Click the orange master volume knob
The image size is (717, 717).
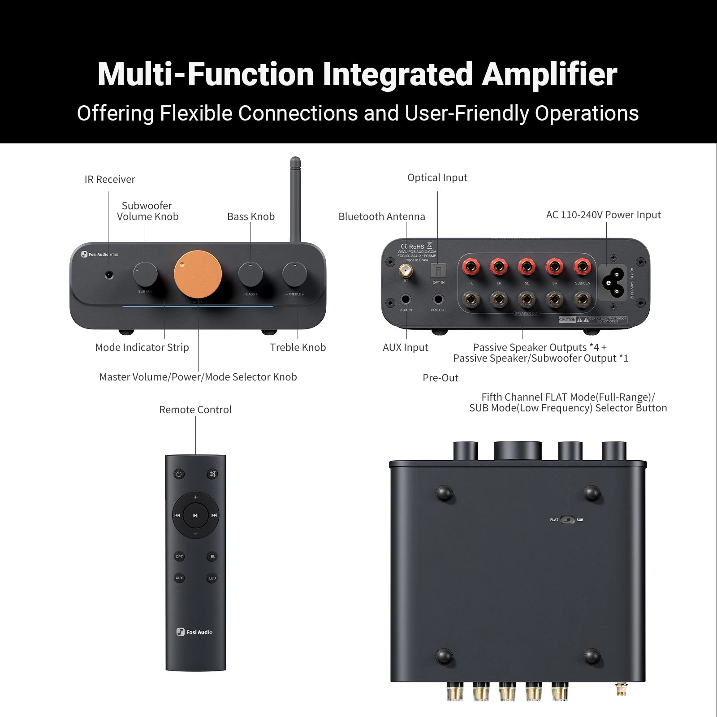[198, 274]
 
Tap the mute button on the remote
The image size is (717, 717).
[212, 474]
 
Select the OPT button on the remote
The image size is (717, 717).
[179, 557]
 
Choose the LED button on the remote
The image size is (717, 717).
[212, 578]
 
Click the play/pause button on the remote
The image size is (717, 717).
[196, 515]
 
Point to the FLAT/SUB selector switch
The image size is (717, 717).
[567, 520]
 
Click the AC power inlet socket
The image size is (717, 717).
[613, 282]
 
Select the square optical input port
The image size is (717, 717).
[438, 271]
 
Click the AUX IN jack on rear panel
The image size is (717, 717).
[406, 299]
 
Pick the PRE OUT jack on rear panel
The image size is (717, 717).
[438, 299]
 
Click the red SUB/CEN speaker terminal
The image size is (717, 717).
[582, 268]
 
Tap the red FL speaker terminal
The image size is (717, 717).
[471, 268]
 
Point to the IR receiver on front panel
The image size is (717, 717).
[108, 274]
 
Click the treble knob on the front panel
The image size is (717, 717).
[294, 274]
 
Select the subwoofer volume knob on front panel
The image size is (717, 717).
[145, 274]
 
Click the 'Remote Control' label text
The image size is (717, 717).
[195, 410]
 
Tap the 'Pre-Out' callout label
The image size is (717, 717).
[441, 378]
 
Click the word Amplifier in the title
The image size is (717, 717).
[549, 74]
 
